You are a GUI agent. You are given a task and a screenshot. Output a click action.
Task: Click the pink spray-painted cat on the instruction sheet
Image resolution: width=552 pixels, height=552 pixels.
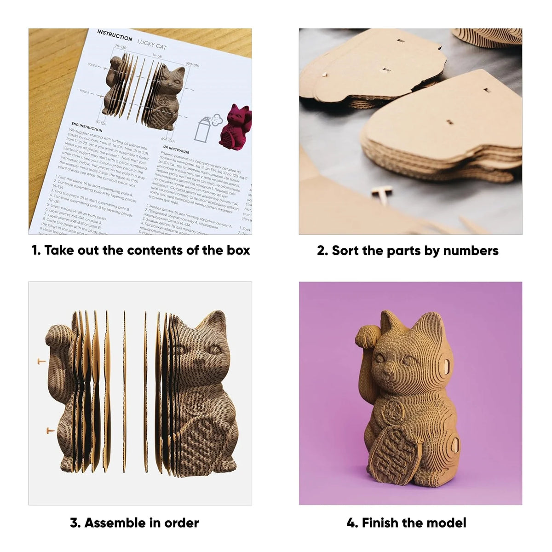pyautogui.click(x=235, y=126)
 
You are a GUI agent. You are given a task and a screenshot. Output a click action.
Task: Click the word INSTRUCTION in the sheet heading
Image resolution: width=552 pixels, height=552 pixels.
pyautogui.click(x=115, y=35)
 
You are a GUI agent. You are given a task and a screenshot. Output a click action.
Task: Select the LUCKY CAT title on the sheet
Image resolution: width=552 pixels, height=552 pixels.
pyautogui.click(x=152, y=44)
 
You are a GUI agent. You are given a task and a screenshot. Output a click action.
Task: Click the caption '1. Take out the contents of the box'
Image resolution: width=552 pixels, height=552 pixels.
pyautogui.click(x=141, y=250)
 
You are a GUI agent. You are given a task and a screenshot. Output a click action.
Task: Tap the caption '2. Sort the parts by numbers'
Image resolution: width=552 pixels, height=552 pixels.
pyautogui.click(x=408, y=251)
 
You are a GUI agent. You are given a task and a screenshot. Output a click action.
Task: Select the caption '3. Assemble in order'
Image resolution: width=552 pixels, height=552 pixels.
pyautogui.click(x=134, y=523)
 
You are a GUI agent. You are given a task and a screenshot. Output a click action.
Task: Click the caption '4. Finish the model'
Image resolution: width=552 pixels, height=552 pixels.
pyautogui.click(x=406, y=523)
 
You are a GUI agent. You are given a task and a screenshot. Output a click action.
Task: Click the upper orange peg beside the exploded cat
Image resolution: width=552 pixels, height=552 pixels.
pyautogui.click(x=41, y=362)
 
